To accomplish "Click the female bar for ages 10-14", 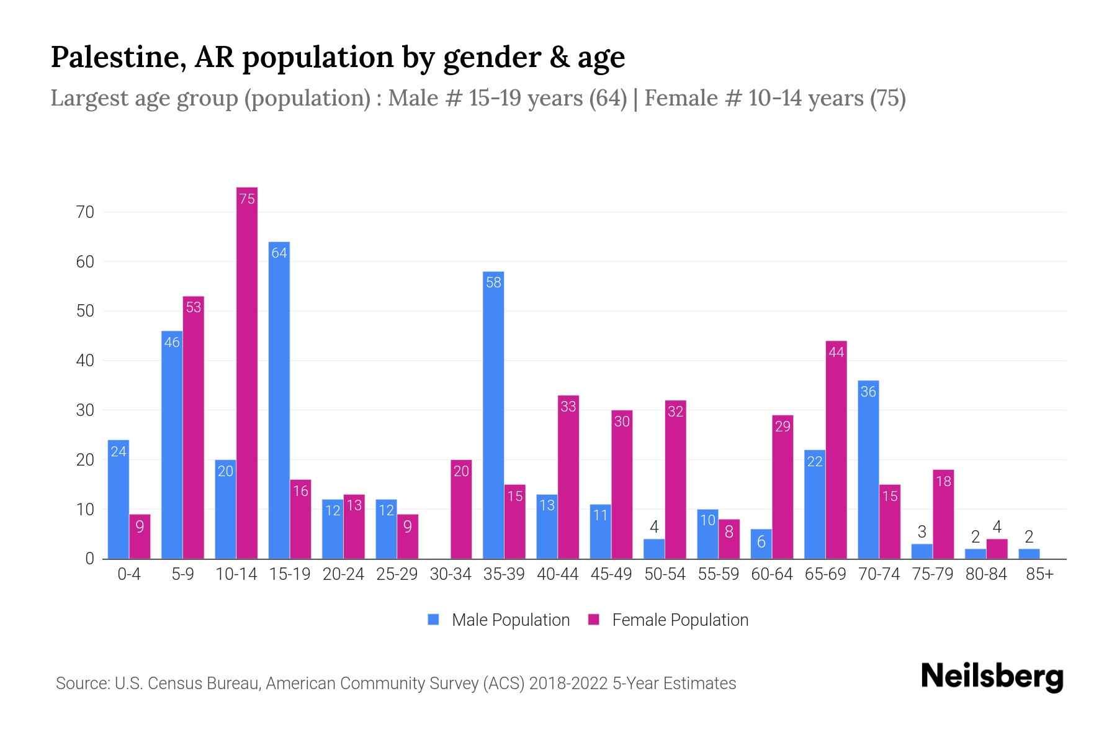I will click(x=247, y=372).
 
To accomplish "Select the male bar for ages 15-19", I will click(x=279, y=400).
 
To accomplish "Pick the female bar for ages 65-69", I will click(x=836, y=449).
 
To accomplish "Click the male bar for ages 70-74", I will click(x=868, y=469).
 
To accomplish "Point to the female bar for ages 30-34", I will click(x=461, y=509).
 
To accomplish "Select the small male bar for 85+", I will click(x=1029, y=554).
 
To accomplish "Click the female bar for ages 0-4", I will click(x=140, y=536).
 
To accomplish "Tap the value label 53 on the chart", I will click(x=194, y=307).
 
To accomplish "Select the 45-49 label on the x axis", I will click(x=611, y=574).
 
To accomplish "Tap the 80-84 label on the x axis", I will click(x=986, y=574).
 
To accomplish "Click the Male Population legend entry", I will click(x=499, y=620).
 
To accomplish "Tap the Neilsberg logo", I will click(x=992, y=677).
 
